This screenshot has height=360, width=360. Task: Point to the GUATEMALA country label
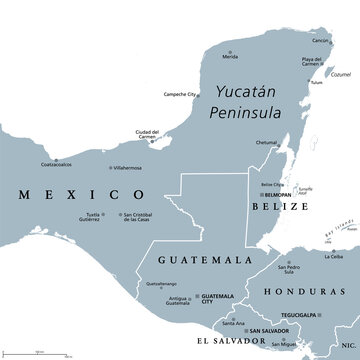click(201, 258)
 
